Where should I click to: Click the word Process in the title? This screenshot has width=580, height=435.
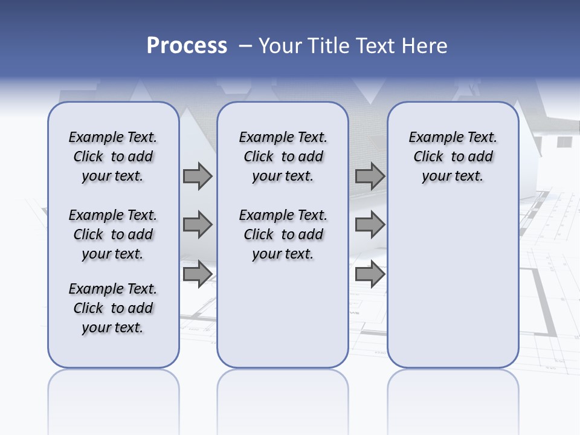(187, 46)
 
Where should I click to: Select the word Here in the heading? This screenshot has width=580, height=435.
(425, 46)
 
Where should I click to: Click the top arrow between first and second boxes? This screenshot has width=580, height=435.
(198, 176)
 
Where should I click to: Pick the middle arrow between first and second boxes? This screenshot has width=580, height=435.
(198, 225)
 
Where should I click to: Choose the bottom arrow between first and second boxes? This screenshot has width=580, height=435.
(198, 274)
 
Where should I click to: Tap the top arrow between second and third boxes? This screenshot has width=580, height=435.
(370, 176)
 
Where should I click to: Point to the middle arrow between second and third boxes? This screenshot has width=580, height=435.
(370, 225)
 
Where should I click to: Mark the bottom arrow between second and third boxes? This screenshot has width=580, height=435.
(370, 274)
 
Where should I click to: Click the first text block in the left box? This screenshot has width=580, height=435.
(113, 156)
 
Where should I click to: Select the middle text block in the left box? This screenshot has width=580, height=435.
(113, 234)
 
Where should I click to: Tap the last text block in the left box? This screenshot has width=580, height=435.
(113, 308)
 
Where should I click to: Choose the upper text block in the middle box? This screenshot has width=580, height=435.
(283, 156)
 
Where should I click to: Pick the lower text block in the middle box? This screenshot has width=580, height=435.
(283, 234)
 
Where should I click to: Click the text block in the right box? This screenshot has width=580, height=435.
(453, 156)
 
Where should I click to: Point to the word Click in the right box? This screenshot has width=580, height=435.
(428, 157)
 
